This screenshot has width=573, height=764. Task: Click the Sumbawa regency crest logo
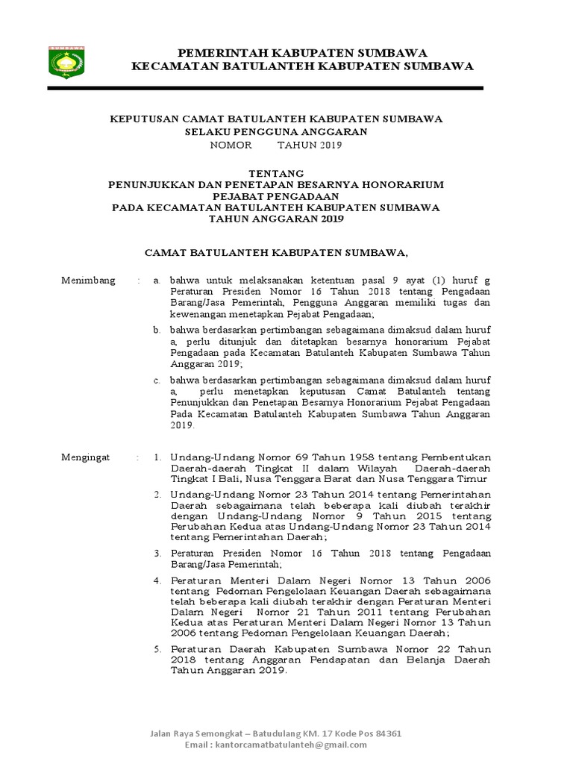point(66,62)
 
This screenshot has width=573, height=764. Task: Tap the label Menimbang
point(88,281)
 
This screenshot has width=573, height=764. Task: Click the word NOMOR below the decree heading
point(231,145)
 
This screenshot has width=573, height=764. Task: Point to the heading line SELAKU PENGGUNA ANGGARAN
point(276,132)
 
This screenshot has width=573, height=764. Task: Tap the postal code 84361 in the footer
point(387,733)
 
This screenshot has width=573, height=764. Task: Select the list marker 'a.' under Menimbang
point(157,281)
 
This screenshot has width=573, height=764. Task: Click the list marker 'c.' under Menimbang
point(157,380)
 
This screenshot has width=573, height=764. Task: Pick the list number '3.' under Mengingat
point(157,554)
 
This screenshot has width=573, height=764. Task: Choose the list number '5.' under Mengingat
point(157,650)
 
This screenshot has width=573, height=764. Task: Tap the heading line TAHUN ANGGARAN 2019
point(276,219)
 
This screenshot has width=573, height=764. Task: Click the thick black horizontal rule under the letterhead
point(266,89)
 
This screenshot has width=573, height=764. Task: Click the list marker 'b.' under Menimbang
point(157,330)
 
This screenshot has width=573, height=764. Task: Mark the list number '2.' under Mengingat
point(157,495)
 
